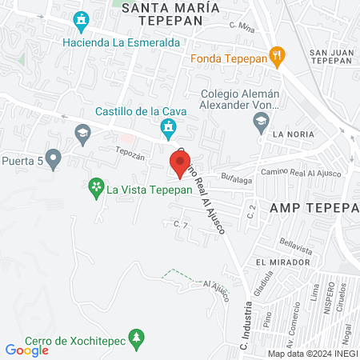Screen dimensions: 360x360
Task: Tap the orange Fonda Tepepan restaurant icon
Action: coord(278,55)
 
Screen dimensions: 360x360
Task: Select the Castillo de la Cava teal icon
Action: coord(168,127)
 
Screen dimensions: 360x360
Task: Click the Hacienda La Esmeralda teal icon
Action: coord(80,20)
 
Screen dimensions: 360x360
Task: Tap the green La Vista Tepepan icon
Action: coord(95,189)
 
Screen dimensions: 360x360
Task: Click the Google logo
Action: coord(26,350)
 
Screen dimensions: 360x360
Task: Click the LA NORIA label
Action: coord(289,134)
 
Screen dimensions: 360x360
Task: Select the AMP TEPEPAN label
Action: coord(314,206)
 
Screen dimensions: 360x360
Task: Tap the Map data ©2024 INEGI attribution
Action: coord(311,354)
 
